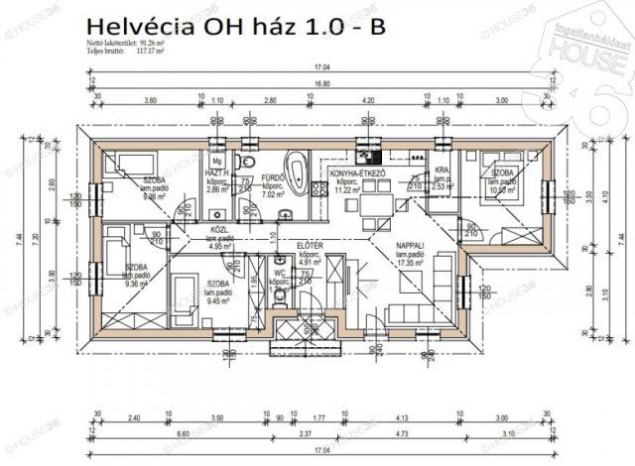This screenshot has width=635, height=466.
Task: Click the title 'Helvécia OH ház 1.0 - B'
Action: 236,26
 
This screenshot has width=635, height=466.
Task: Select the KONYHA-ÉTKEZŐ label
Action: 356,174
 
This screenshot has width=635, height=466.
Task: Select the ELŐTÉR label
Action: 308,244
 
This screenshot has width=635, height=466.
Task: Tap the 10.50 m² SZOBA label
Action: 503,179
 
